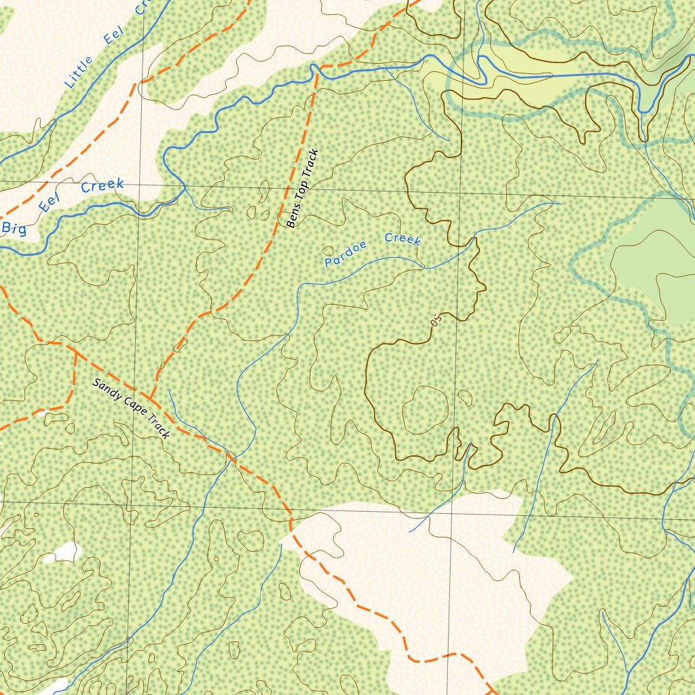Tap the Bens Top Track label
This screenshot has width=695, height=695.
(x=302, y=189)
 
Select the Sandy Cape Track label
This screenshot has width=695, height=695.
(x=131, y=408)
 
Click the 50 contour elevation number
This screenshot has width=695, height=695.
(x=436, y=319)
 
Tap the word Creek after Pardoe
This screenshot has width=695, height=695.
(x=402, y=238)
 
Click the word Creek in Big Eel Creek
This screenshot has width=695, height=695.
(x=102, y=185)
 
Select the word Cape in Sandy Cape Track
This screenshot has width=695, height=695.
(x=132, y=409)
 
